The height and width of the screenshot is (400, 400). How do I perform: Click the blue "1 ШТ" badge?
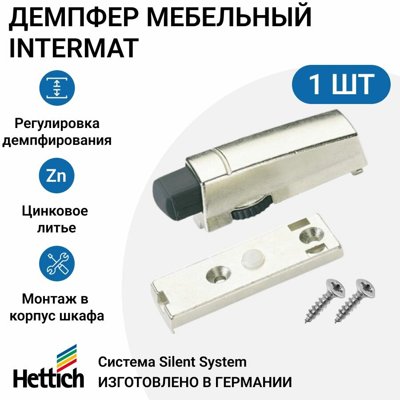(341, 84)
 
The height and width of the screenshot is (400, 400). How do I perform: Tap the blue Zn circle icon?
(56, 176)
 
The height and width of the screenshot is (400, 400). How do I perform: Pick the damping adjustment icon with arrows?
(56, 87)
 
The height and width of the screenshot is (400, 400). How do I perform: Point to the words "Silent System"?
(201, 362)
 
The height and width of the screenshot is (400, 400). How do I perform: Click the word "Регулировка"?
(56, 123)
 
